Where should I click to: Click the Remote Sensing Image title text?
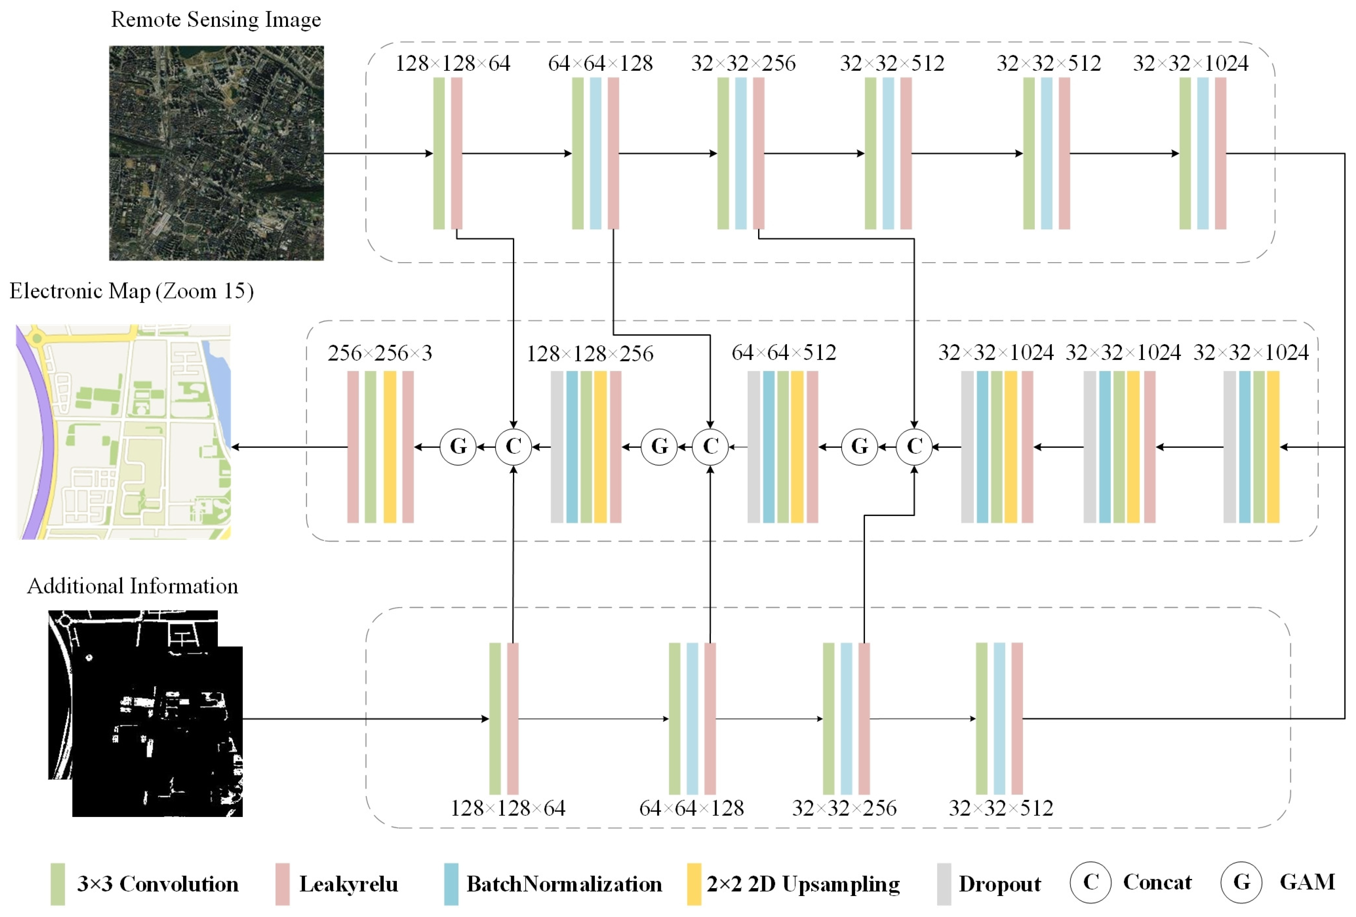tap(216, 19)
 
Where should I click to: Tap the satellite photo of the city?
tap(216, 153)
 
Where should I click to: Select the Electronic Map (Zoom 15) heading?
tap(131, 291)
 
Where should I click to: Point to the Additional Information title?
tap(133, 585)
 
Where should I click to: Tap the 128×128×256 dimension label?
tap(590, 354)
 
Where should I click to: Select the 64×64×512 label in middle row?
tap(784, 352)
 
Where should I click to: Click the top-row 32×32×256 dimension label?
tap(743, 63)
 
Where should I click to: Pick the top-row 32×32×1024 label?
tap(1190, 63)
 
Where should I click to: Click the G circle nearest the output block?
tap(458, 447)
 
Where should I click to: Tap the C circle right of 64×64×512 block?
tap(914, 447)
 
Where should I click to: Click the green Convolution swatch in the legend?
tap(58, 884)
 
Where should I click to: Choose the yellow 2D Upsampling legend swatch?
tap(694, 884)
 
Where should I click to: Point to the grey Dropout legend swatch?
tap(943, 884)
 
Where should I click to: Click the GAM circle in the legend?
tap(1241, 882)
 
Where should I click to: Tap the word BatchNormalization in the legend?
tap(564, 884)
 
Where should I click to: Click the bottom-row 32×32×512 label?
tap(1001, 808)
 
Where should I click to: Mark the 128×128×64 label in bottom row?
tap(508, 808)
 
